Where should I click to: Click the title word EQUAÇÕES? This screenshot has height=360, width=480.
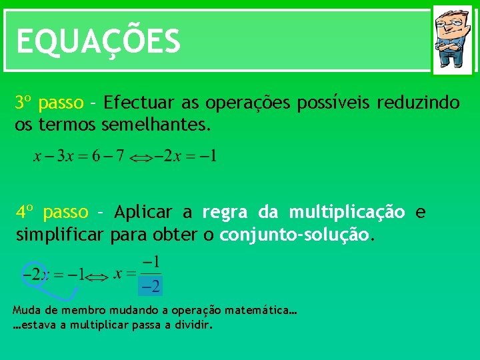click(x=98, y=41)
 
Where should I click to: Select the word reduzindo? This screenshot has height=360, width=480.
click(x=418, y=103)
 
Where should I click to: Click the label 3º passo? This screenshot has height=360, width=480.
click(x=49, y=103)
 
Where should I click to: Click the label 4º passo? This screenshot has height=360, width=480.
click(x=52, y=213)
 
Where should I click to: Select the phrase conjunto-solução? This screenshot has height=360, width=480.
click(x=294, y=235)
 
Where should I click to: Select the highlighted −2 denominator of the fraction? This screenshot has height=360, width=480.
click(x=150, y=287)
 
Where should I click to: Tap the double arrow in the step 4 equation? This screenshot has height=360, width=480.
click(x=98, y=275)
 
